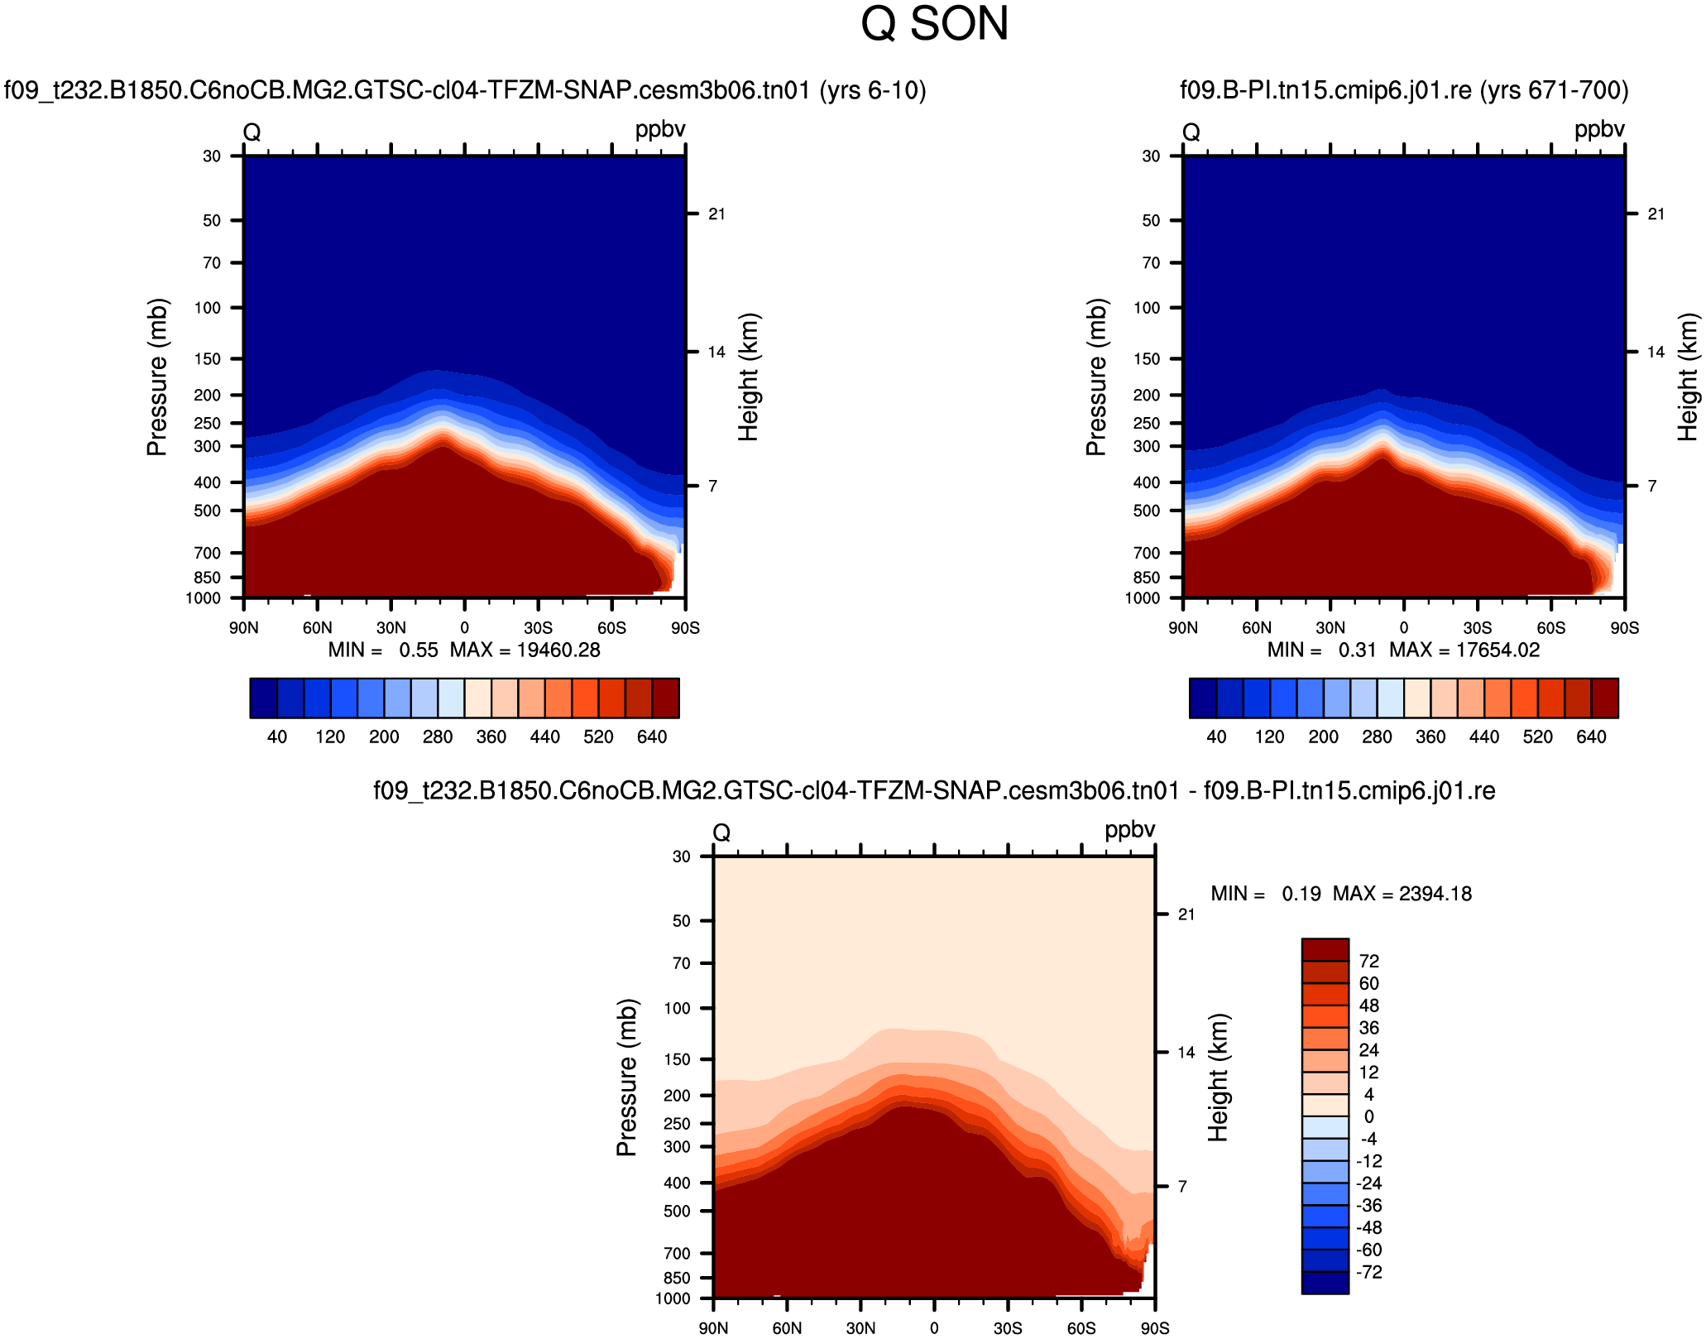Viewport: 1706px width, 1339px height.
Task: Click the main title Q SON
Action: point(934,25)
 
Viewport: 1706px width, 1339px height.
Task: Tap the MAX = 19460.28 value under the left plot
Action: point(525,650)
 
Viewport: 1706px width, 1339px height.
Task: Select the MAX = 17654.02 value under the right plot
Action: point(1464,650)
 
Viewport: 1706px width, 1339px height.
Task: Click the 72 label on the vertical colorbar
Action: point(1369,962)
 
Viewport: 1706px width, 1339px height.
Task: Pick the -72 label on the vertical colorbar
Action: point(1368,1273)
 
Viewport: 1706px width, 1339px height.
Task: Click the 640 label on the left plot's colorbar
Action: point(652,737)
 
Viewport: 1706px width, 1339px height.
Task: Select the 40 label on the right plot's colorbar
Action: point(1216,737)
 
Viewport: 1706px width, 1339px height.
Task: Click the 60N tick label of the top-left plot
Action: point(317,628)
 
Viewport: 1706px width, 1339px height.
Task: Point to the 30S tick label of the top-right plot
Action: point(1478,628)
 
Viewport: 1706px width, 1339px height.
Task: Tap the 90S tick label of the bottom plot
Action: point(1155,1328)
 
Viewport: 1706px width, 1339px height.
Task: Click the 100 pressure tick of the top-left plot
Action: point(207,308)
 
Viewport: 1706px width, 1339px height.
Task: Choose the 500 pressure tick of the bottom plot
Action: point(677,1212)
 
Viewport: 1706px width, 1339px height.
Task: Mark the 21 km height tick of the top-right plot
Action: point(1656,214)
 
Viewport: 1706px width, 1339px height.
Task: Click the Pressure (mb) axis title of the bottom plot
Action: point(626,1077)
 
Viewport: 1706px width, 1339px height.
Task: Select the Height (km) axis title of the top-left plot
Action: point(748,377)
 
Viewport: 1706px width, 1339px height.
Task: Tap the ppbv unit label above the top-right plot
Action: point(1599,130)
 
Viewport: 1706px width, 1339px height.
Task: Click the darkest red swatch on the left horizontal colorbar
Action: point(666,698)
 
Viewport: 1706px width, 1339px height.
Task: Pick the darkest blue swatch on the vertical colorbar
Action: point(1325,1283)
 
